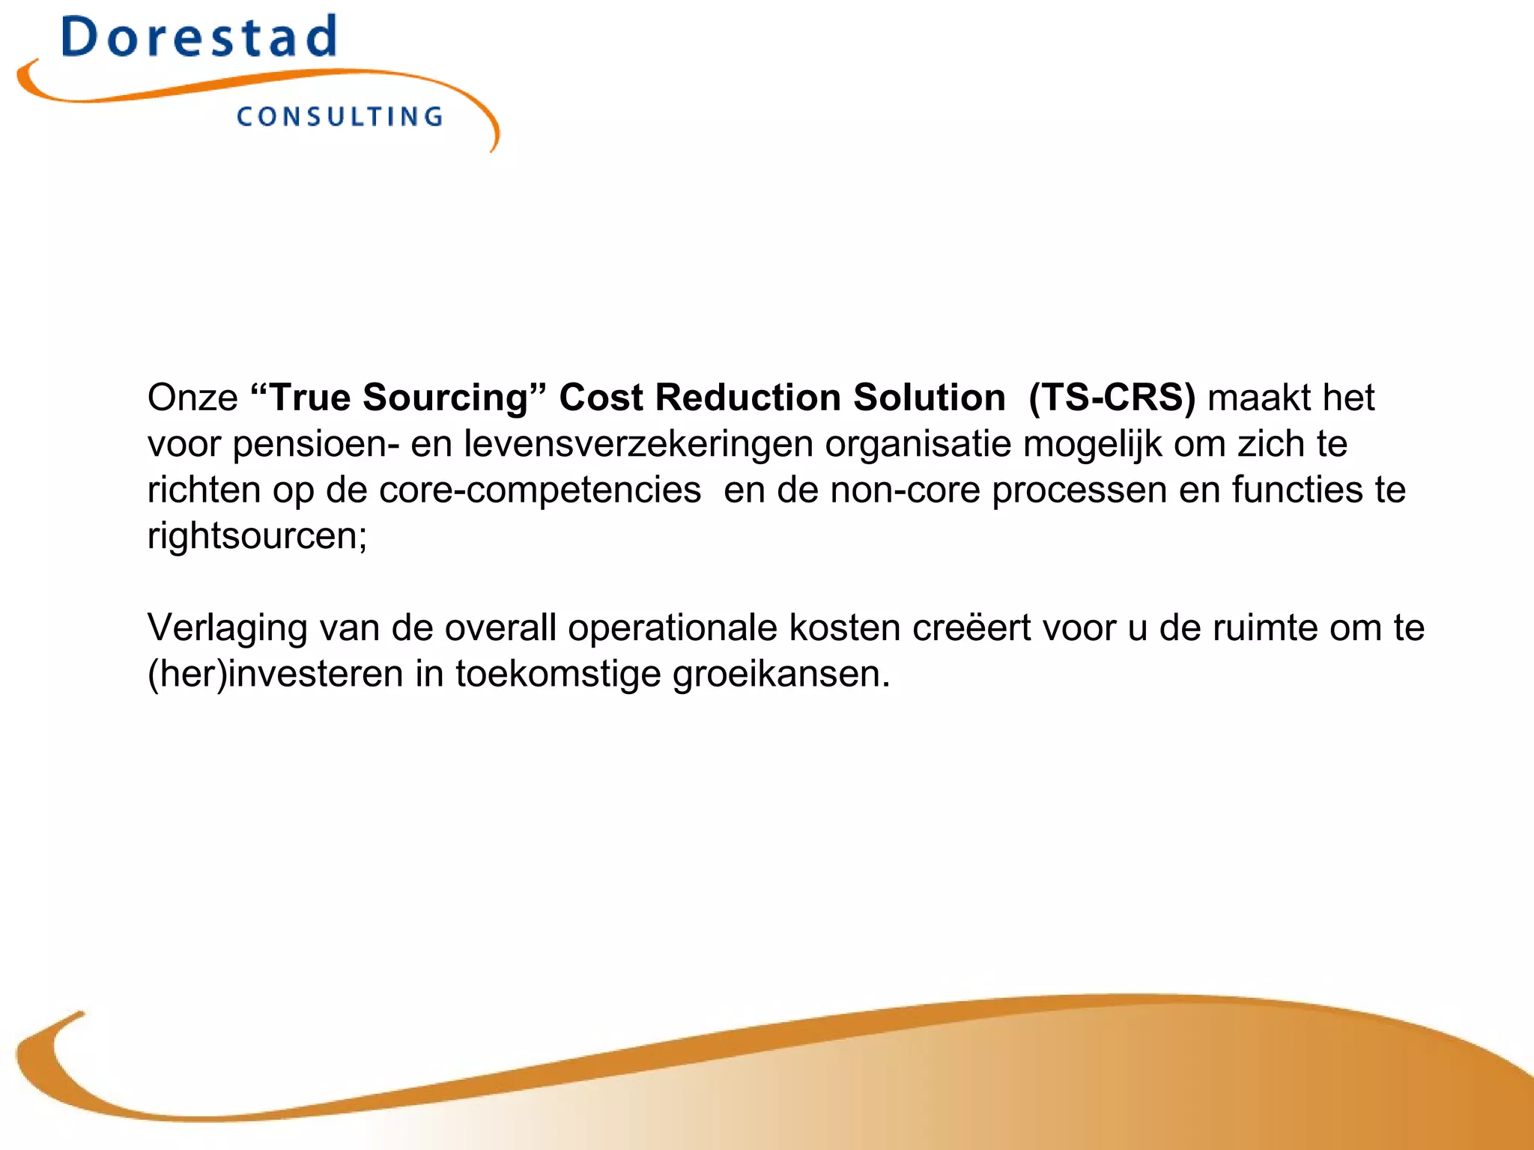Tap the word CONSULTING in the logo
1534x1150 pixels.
(340, 117)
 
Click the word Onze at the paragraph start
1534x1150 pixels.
(192, 397)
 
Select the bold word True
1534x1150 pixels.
(309, 397)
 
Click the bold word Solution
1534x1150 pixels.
(929, 397)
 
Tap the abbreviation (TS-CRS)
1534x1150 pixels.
(1112, 397)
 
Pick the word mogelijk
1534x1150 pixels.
(1092, 445)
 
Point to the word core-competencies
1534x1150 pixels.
(540, 490)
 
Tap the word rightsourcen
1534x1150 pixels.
(256, 536)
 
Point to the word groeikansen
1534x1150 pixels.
(780, 675)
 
